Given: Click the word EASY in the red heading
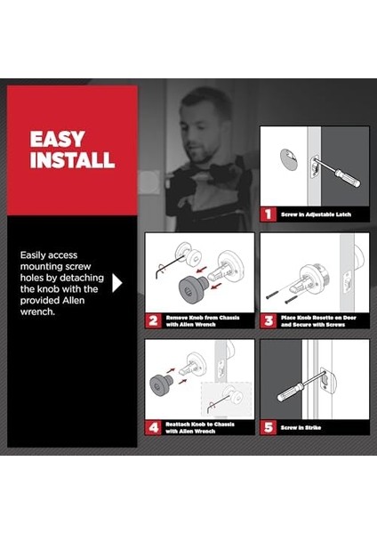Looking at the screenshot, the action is [x=57, y=140].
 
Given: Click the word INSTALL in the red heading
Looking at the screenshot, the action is [x=73, y=159].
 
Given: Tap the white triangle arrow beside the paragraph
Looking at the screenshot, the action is [x=117, y=283].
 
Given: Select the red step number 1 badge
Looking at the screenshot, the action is [x=269, y=214].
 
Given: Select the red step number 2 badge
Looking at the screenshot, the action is [x=153, y=320].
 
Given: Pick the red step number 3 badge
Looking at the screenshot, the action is [x=269, y=320].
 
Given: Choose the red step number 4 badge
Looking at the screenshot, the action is [x=153, y=427].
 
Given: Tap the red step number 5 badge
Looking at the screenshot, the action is [x=269, y=427].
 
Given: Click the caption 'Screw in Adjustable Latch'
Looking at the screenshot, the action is [x=316, y=214].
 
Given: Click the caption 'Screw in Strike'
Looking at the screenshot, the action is [x=301, y=428].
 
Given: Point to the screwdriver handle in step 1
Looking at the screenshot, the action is [x=348, y=178].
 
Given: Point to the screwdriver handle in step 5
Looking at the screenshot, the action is [x=290, y=392].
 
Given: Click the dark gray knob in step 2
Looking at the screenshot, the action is [x=192, y=287].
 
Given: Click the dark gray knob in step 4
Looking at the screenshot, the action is [x=161, y=384].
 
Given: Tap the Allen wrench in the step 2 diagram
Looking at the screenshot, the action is [x=169, y=266].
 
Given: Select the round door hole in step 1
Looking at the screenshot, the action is [x=289, y=158].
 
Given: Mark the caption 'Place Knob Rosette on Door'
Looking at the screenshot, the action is [x=318, y=318].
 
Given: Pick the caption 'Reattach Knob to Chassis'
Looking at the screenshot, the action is [x=200, y=425].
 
